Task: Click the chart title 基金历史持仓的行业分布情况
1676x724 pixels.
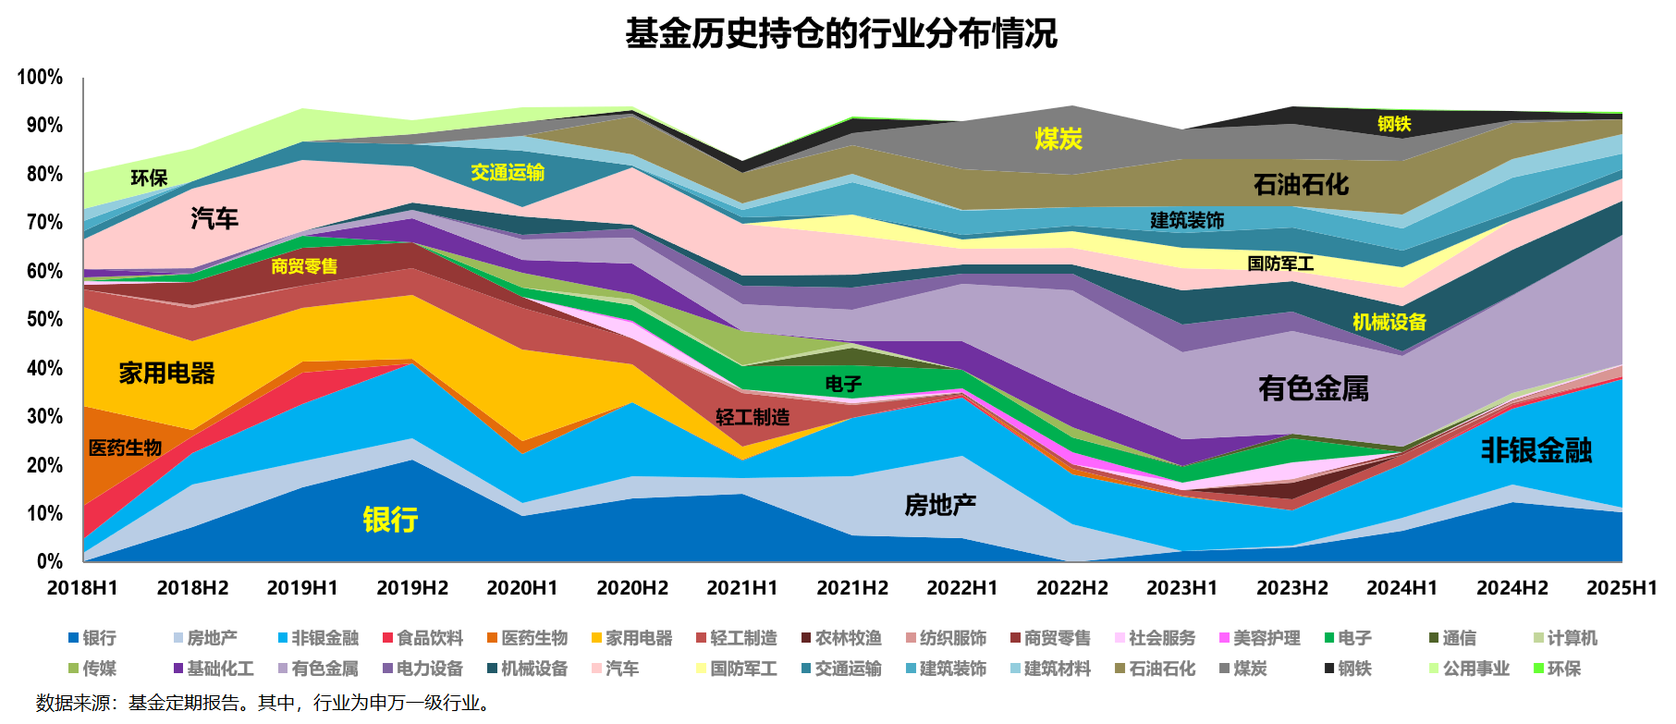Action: coord(840,34)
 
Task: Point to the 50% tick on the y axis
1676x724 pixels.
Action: coord(44,320)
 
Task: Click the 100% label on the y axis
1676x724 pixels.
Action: coord(41,78)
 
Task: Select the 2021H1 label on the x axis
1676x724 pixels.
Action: coord(742,588)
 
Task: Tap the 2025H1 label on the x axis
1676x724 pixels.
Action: coord(1622,588)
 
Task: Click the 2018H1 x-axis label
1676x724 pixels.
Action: coord(82,588)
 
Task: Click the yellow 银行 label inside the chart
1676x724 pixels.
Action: coord(390,520)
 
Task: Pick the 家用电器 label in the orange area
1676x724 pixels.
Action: coord(166,374)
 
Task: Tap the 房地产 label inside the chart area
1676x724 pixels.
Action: coord(940,505)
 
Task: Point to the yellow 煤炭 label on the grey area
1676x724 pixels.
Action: coord(1058,140)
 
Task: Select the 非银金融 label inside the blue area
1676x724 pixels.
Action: coord(1536,450)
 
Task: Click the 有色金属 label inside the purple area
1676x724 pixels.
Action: coord(1314,388)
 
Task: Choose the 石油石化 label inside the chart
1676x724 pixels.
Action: coord(1301,185)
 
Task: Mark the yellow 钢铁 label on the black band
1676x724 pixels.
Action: coord(1394,124)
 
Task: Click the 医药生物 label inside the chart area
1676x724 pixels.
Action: coord(125,448)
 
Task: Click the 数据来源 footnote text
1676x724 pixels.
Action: coord(263,704)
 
